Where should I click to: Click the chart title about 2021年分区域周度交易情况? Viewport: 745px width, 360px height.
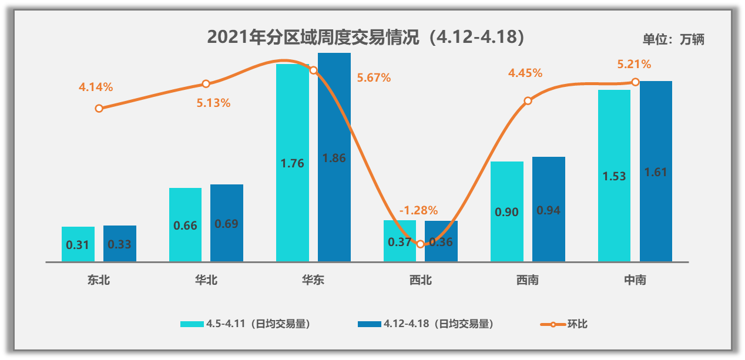365,38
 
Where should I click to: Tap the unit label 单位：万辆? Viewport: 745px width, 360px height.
673,39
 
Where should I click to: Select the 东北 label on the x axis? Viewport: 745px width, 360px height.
99,280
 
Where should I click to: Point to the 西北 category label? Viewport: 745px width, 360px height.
421,280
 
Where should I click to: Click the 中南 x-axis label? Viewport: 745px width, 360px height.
635,280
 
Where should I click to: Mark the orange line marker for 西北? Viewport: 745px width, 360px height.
420,244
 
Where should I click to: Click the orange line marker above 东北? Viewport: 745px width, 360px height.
99,109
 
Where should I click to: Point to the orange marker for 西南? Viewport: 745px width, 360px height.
528,101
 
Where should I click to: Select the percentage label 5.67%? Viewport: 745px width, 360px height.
374,78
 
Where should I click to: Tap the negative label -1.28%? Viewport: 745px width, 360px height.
418,210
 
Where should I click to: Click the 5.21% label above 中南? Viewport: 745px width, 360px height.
634,64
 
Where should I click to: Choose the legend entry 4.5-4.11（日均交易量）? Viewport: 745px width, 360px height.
245,324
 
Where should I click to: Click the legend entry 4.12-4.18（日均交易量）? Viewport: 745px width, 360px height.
425,324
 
